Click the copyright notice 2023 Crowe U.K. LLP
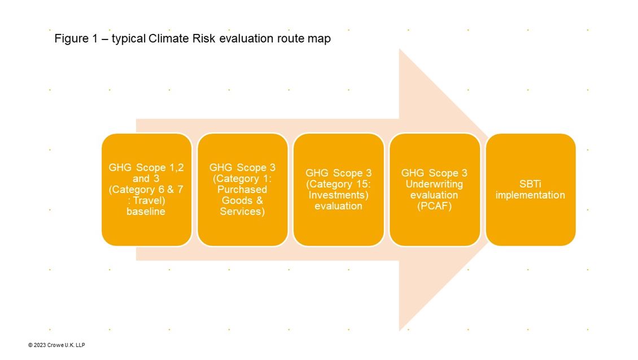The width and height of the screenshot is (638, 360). pyautogui.click(x=56, y=345)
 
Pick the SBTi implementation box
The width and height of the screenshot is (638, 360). pyautogui.click(x=531, y=190)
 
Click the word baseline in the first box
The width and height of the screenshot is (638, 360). pyautogui.click(x=146, y=212)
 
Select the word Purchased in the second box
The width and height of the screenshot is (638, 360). pyautogui.click(x=242, y=190)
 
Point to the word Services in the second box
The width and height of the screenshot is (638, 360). pyautogui.click(x=242, y=212)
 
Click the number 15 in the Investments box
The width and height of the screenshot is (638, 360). pyautogui.click(x=361, y=184)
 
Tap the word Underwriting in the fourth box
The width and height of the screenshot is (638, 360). pyautogui.click(x=434, y=184)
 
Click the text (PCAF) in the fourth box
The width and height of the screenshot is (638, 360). pyautogui.click(x=434, y=206)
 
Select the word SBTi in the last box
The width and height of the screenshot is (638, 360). pyautogui.click(x=530, y=184)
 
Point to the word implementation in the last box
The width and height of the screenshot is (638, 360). pyautogui.click(x=530, y=195)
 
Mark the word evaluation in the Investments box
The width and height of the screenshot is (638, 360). pyautogui.click(x=339, y=206)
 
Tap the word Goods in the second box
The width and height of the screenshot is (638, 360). pyautogui.click(x=237, y=200)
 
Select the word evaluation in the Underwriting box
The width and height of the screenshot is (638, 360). pyautogui.click(x=434, y=195)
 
